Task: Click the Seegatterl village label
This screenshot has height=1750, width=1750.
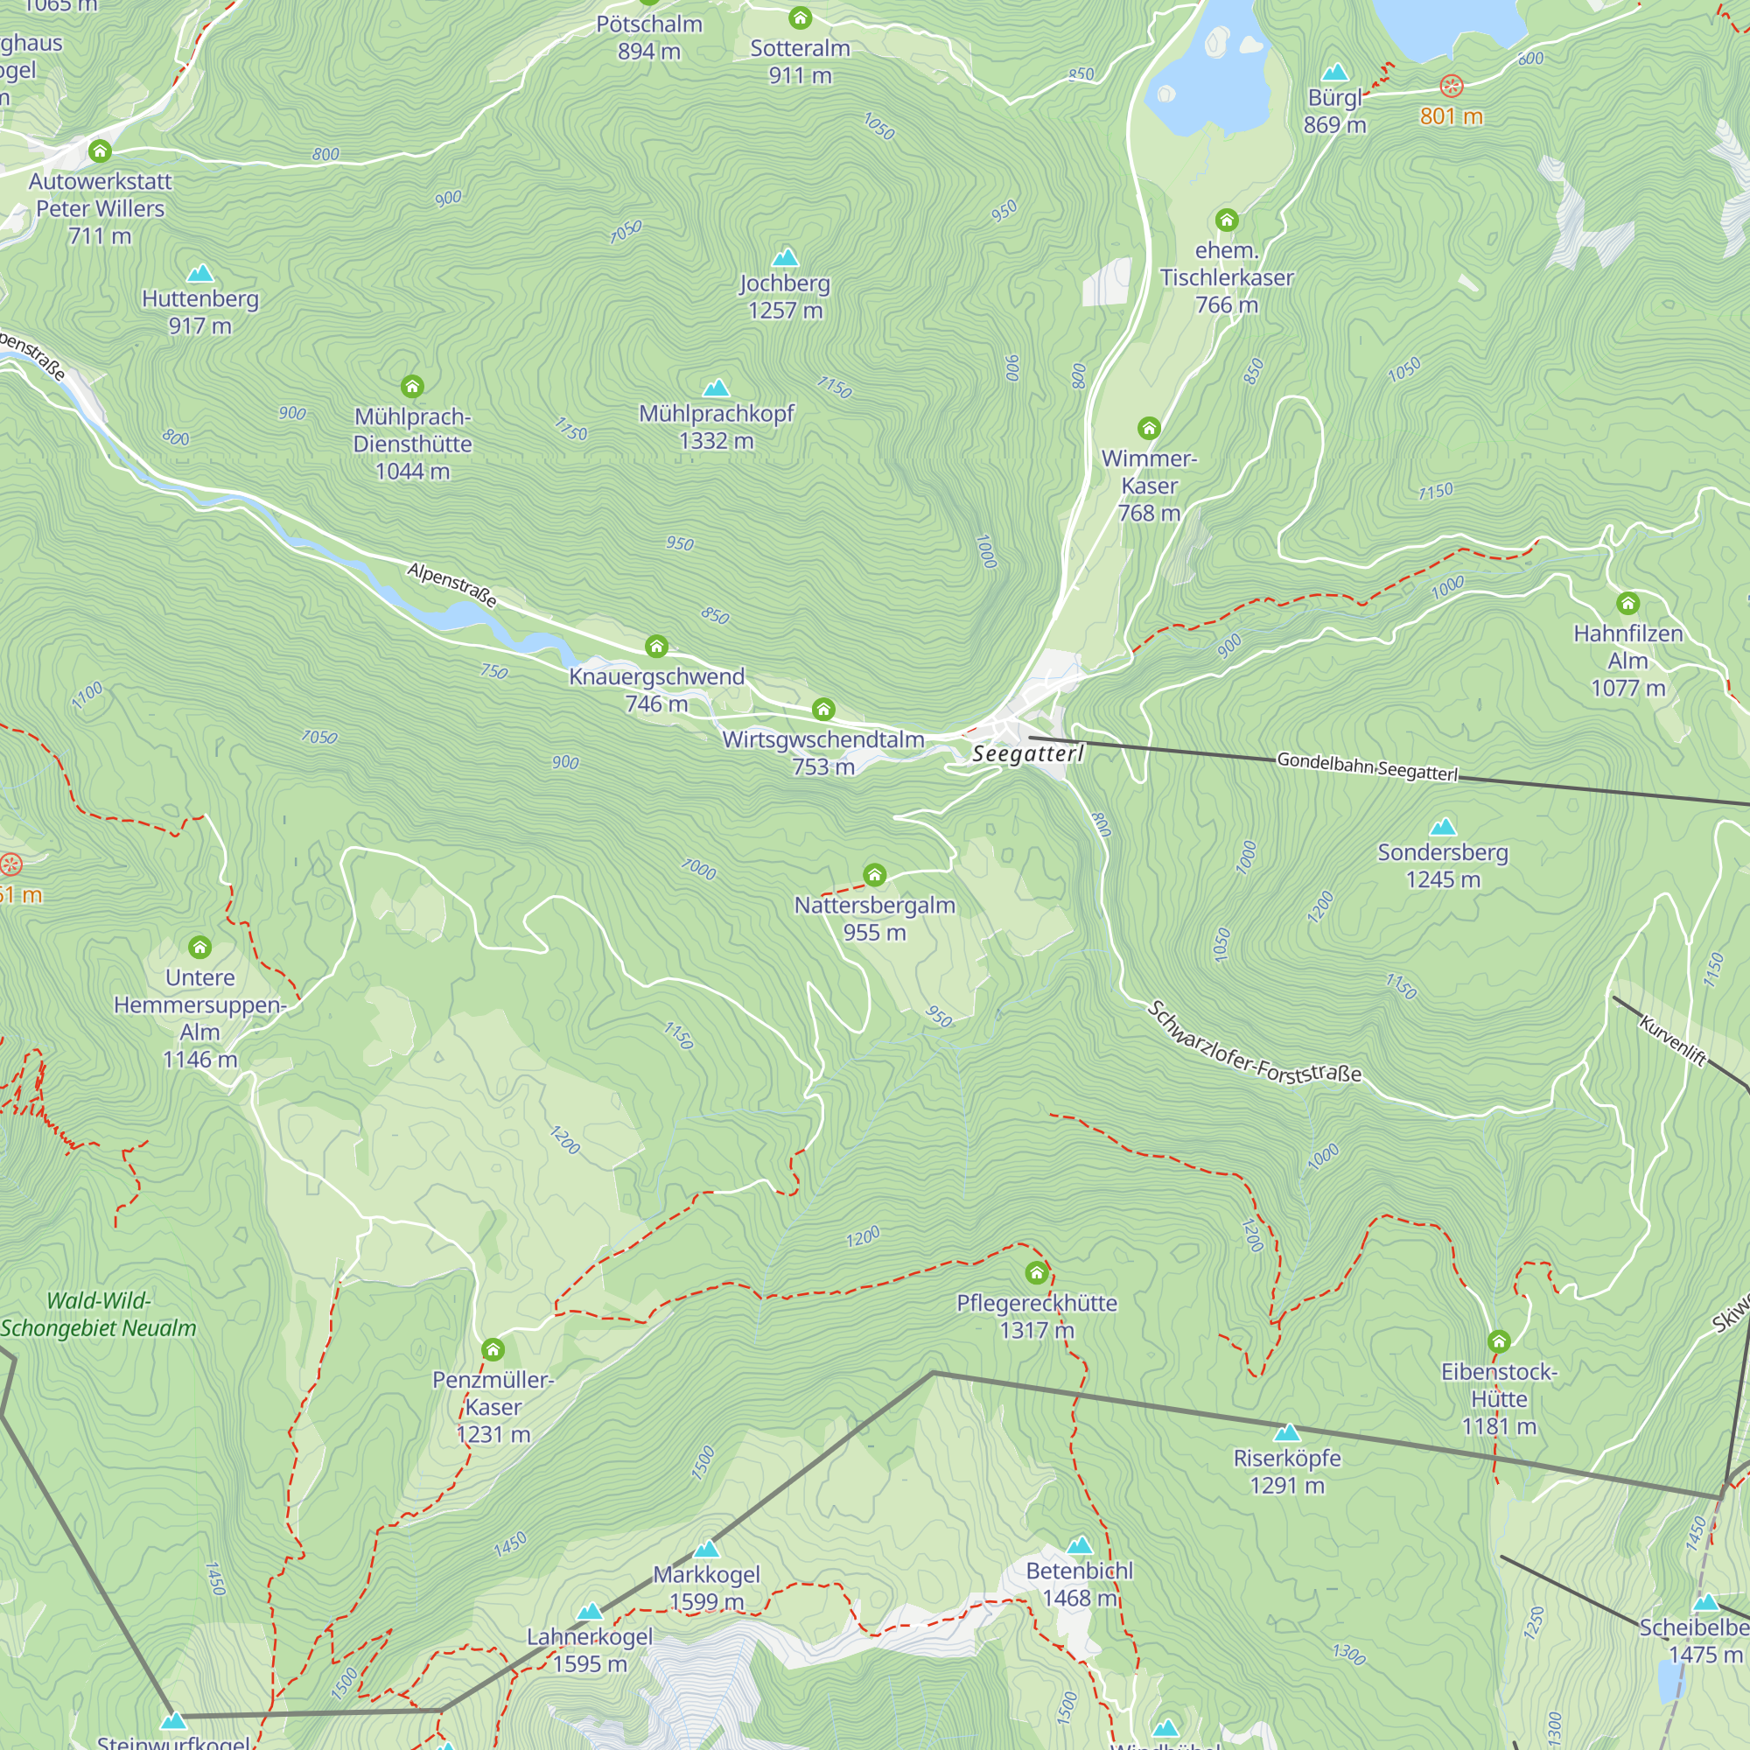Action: pyautogui.click(x=1027, y=753)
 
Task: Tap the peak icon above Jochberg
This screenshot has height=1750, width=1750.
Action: pyautogui.click(x=786, y=257)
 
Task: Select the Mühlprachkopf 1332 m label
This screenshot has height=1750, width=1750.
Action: pyautogui.click(x=716, y=427)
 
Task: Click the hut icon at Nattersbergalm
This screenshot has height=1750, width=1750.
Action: pyautogui.click(x=874, y=874)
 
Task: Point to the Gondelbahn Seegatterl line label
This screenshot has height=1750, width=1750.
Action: pyautogui.click(x=1367, y=766)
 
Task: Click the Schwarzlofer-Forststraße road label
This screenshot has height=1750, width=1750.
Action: pyautogui.click(x=1254, y=1045)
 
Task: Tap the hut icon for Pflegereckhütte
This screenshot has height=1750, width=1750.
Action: pyautogui.click(x=1036, y=1273)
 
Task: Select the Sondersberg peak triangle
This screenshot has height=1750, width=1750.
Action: pyautogui.click(x=1442, y=826)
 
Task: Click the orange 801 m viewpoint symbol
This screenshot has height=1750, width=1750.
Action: pyautogui.click(x=1451, y=86)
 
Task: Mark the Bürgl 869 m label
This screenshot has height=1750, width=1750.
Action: pyautogui.click(x=1334, y=110)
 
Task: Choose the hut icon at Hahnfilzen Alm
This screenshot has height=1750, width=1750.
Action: pyautogui.click(x=1627, y=603)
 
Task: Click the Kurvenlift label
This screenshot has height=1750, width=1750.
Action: pyautogui.click(x=1673, y=1040)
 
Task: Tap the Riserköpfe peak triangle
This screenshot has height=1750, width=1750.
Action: pyautogui.click(x=1286, y=1433)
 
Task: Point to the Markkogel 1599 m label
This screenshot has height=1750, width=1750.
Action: pyautogui.click(x=706, y=1587)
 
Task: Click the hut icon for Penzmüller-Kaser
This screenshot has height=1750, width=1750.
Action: pyautogui.click(x=493, y=1349)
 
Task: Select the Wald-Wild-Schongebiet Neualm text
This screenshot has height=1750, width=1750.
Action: pyautogui.click(x=98, y=1314)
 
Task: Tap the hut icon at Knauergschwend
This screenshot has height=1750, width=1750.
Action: pyautogui.click(x=657, y=646)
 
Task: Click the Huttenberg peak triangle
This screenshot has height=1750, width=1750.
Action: pyautogui.click(x=199, y=273)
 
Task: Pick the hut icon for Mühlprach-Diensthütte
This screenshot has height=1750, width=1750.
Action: pyautogui.click(x=412, y=387)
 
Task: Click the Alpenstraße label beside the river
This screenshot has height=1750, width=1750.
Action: pyautogui.click(x=452, y=584)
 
